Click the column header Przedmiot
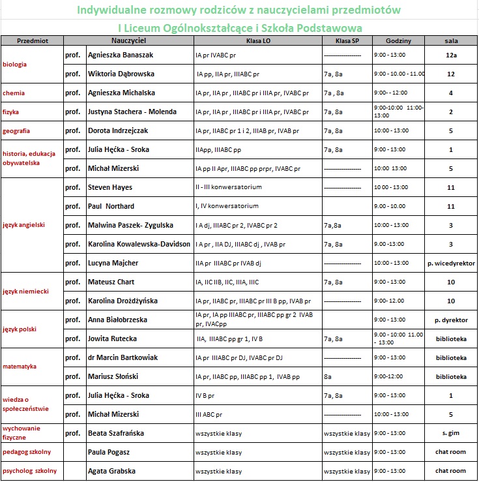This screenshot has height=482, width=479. [31, 40]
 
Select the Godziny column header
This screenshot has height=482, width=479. [398, 40]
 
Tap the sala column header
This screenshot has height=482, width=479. [450, 40]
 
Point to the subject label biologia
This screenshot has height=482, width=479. [15, 65]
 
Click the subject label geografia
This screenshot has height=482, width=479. [17, 131]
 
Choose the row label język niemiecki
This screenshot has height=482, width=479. [25, 292]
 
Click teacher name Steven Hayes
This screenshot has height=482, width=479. [109, 188]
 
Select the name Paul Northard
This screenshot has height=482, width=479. [111, 207]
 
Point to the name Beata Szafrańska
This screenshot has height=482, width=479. [116, 433]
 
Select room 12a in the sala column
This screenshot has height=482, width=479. [450, 55]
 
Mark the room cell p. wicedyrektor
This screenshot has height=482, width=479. [450, 264]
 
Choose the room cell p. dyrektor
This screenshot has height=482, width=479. [450, 320]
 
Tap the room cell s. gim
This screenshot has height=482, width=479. [450, 433]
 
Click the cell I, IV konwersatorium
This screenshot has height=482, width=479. [227, 207]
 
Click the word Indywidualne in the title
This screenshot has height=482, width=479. [113, 11]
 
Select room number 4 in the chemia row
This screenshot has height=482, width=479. [450, 93]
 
